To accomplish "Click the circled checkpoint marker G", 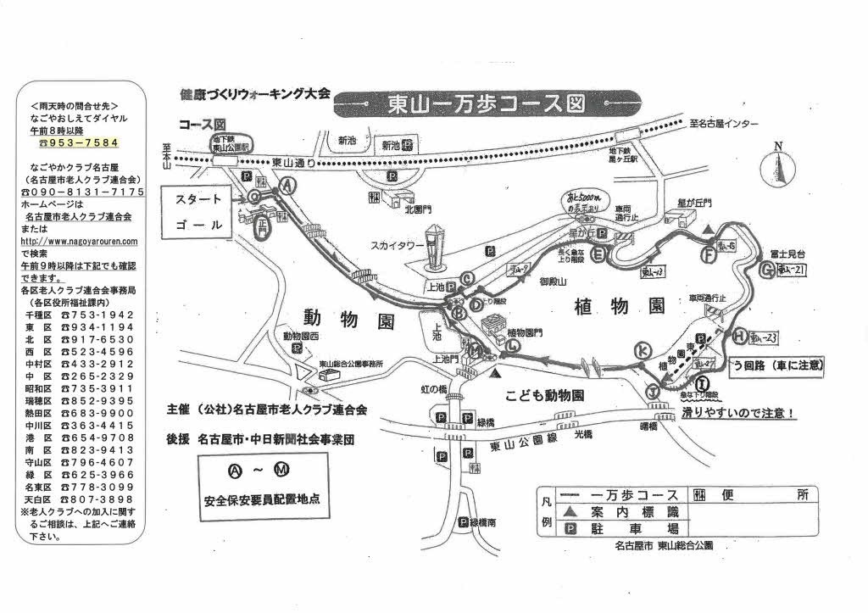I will point(767,270).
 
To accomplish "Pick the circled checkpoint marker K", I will point(643,350).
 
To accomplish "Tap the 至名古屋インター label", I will point(724,124).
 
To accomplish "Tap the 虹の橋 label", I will point(431,389).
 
